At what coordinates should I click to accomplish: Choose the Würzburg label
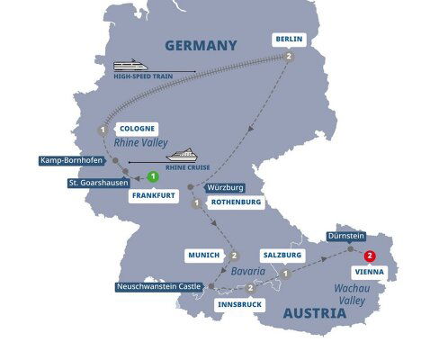(x=225, y=187)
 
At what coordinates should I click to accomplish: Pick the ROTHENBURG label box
(x=236, y=202)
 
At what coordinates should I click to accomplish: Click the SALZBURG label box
(x=281, y=255)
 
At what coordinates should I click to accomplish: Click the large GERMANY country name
(x=201, y=45)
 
